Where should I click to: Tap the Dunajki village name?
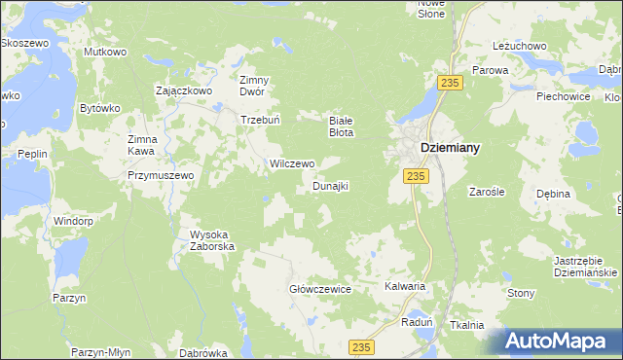(330, 185)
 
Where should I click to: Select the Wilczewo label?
(291, 163)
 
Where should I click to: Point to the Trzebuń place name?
(261, 121)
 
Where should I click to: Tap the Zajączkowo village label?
(184, 90)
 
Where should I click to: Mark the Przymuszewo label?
(162, 175)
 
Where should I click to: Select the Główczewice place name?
(319, 289)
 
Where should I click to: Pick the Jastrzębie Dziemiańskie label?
(566, 268)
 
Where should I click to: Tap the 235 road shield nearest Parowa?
(449, 84)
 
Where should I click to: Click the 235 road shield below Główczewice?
(362, 347)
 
